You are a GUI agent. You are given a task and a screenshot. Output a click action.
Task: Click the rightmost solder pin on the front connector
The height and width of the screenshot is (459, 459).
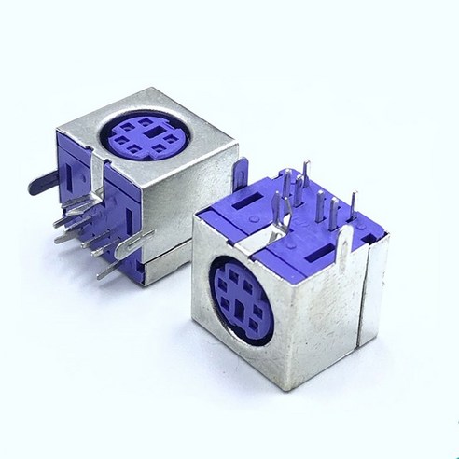pyautogui.click(x=353, y=210)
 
